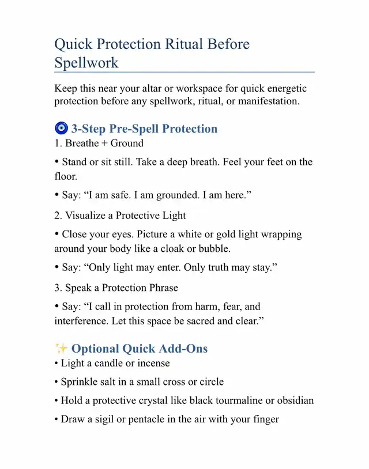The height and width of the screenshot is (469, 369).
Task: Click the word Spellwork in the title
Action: (86, 63)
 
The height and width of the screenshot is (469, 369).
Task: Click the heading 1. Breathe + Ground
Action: (99, 143)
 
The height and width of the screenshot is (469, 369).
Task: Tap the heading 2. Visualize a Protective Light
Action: (121, 215)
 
